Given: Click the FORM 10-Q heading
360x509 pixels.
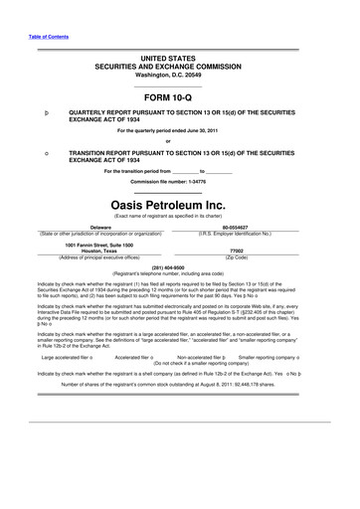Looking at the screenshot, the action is [x=179, y=99].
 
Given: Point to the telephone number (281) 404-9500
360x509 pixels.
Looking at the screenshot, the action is [x=179, y=267].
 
